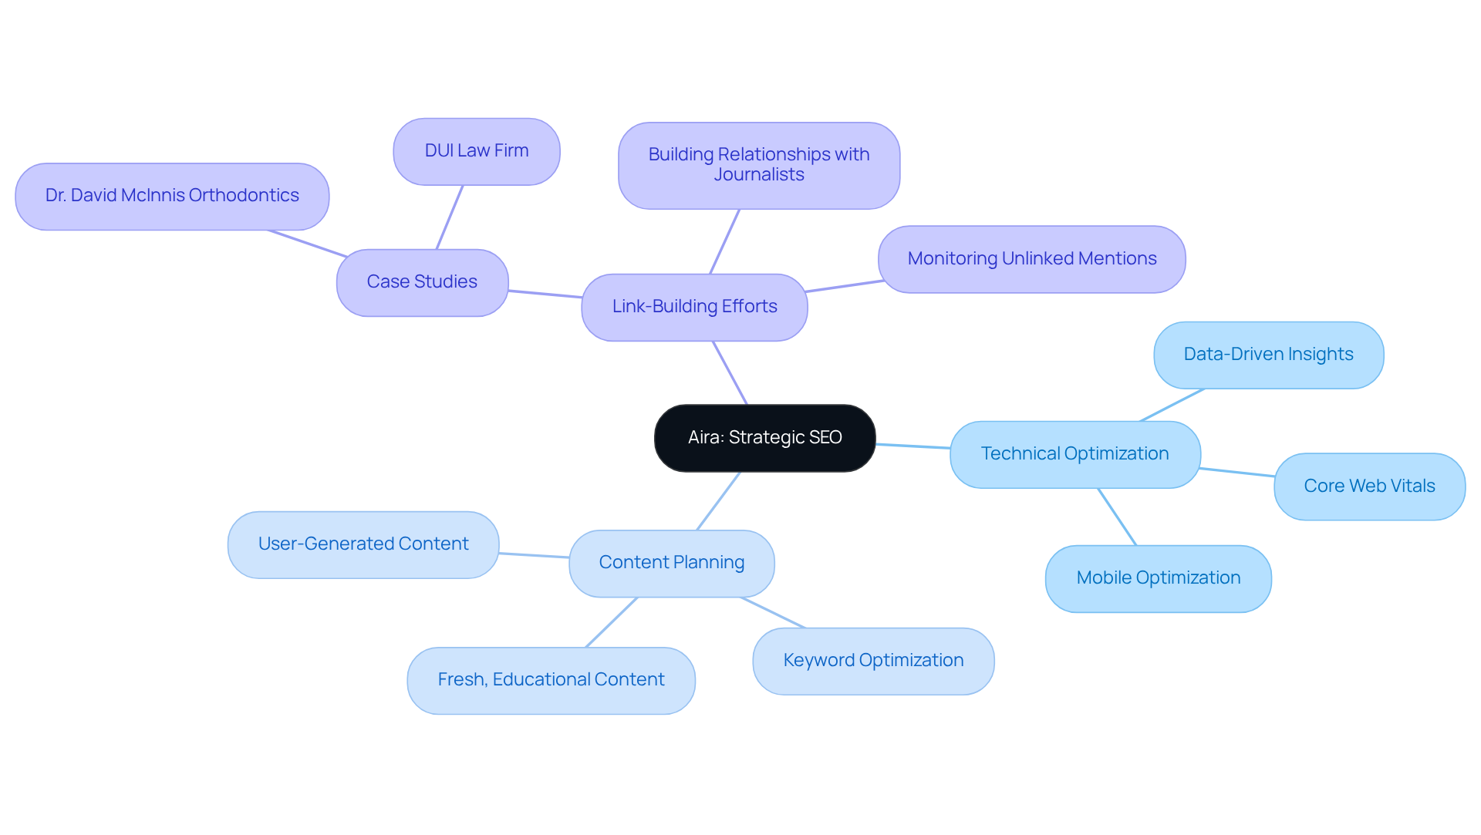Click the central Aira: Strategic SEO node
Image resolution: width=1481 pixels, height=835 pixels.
[764, 438]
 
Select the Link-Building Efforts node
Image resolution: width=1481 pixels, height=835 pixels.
[694, 307]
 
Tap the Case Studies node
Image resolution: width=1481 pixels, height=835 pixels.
[422, 282]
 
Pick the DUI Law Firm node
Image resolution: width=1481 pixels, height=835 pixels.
[477, 151]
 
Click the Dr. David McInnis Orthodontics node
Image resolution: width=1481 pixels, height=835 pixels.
[172, 196]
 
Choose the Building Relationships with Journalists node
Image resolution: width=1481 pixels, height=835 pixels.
[759, 165]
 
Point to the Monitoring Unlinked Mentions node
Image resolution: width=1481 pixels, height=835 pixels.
[1031, 259]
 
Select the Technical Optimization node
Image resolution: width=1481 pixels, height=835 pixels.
[1074, 454]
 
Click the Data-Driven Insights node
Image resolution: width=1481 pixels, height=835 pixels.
[1268, 355]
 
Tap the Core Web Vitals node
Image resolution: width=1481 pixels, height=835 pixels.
[1369, 487]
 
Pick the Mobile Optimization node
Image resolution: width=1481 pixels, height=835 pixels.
[1158, 578]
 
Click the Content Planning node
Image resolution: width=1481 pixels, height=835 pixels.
[671, 563]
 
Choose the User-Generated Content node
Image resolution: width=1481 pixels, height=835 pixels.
[363, 544]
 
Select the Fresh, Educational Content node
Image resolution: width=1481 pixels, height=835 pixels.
[551, 680]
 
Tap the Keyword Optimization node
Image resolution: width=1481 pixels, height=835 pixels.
[873, 661]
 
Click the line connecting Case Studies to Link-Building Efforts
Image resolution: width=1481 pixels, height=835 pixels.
[545, 294]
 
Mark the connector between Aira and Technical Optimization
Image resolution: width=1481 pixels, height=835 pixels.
[913, 446]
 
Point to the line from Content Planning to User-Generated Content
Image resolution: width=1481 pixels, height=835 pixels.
[534, 555]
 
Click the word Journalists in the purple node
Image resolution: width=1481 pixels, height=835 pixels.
[759, 175]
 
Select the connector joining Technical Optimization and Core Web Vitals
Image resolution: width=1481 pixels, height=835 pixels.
[1237, 472]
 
